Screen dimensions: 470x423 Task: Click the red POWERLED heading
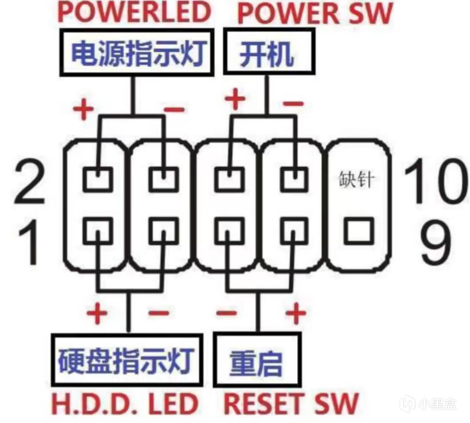coord(135,12)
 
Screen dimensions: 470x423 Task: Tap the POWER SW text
coord(315,13)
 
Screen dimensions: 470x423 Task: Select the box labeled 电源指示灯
coord(137,52)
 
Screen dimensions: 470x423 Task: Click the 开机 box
coord(269,51)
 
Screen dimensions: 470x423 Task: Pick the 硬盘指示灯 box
coord(127,361)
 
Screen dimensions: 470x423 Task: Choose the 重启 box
coord(257,360)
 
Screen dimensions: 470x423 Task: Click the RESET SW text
coord(291,404)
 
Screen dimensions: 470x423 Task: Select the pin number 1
coord(29,242)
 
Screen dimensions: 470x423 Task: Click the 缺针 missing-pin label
coord(357,180)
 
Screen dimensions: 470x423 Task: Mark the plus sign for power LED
coord(83,109)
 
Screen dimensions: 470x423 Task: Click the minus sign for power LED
coord(174,109)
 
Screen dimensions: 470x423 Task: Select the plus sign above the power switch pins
coord(235,99)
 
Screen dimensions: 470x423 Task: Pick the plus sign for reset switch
coord(296,313)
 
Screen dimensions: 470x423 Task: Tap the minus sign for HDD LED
coord(159,313)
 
